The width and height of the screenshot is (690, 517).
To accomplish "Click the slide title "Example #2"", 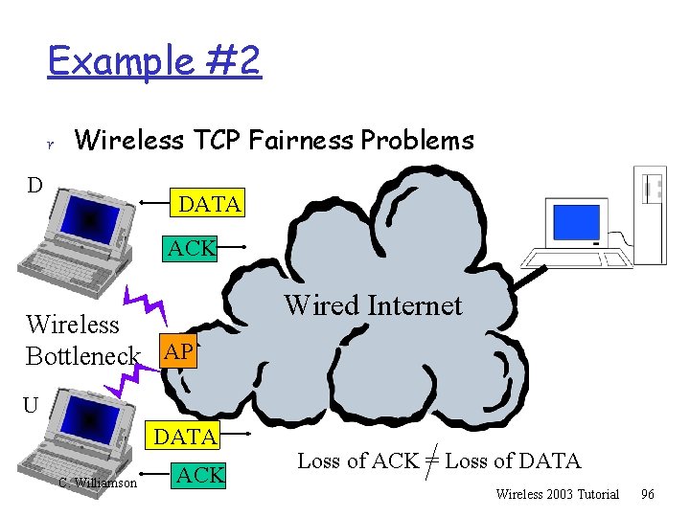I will click(153, 62).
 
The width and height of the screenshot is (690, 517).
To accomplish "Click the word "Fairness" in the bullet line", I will click(301, 141).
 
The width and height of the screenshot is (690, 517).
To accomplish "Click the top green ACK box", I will click(191, 249).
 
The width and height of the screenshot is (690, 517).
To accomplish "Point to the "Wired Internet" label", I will click(373, 305).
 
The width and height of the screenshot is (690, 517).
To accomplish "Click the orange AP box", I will click(178, 351).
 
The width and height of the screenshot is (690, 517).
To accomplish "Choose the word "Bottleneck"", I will click(82, 355).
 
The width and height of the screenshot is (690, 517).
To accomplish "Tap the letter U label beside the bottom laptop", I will click(31, 406).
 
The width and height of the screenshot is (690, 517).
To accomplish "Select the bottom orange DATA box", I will click(185, 437).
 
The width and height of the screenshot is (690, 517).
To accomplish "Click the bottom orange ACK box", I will click(201, 473).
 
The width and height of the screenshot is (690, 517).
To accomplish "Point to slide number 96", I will click(648, 494).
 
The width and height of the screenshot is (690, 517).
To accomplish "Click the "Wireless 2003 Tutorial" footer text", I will click(558, 494).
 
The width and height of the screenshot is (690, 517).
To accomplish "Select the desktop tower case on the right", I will click(652, 212).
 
